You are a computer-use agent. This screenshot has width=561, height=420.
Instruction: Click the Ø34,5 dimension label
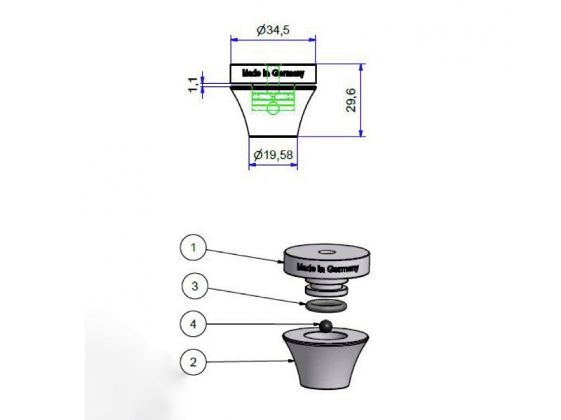(x=273, y=30)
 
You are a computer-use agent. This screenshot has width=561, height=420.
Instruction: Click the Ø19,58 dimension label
(x=273, y=155)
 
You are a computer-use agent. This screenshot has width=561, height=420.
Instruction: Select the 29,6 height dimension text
(x=351, y=100)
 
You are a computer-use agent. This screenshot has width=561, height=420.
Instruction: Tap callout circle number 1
(x=194, y=248)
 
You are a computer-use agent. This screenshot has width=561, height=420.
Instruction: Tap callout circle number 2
(x=194, y=362)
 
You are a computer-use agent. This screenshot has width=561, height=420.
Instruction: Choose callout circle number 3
(x=195, y=286)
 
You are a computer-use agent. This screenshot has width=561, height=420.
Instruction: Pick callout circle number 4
(x=194, y=324)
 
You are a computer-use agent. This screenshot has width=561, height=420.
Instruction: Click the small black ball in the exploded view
(x=325, y=326)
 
